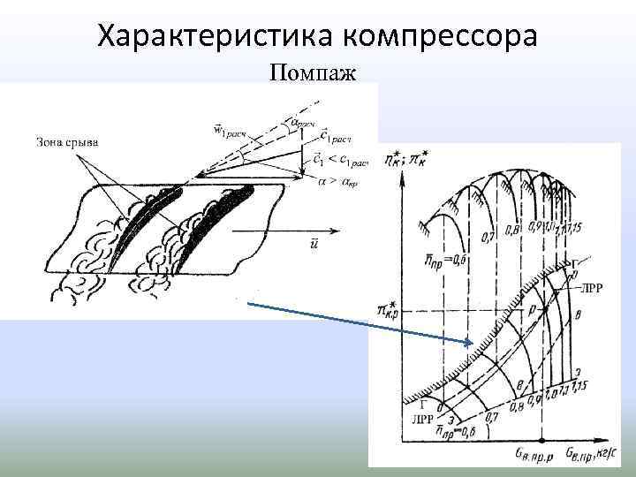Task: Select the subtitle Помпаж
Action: [x=313, y=72]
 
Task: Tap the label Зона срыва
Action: [x=68, y=141]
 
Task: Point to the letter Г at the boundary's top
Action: [x=577, y=264]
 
